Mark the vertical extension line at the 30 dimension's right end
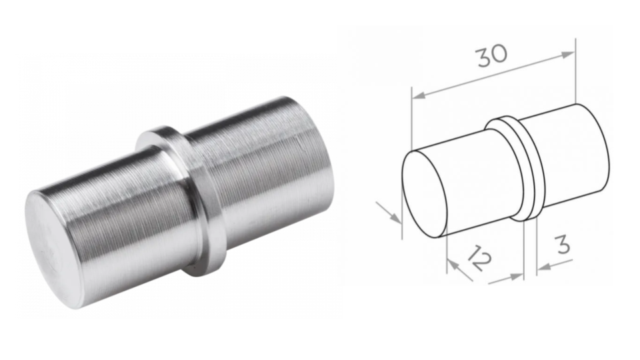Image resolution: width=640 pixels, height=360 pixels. point(575,73)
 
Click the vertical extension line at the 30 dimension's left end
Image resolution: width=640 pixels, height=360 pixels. point(411,120)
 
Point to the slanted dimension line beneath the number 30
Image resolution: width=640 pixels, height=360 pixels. point(493,75)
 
